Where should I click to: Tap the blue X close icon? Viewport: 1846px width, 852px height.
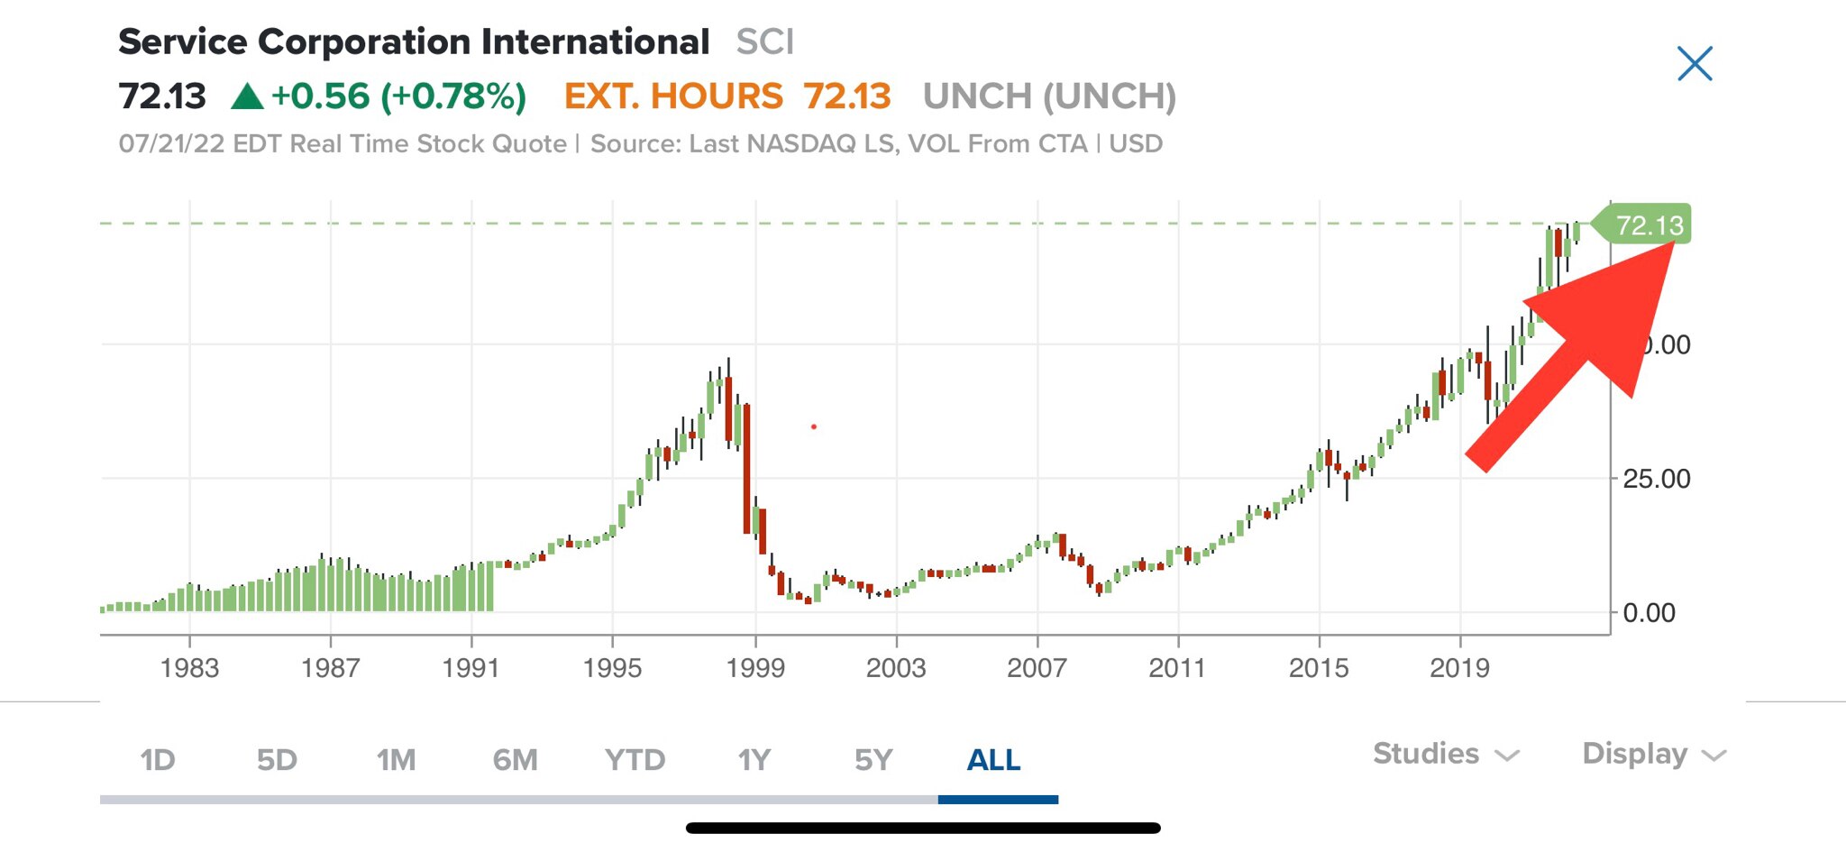pyautogui.click(x=1695, y=64)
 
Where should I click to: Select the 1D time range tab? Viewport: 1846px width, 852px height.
pyautogui.click(x=158, y=760)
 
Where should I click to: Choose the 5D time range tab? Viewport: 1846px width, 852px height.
pyautogui.click(x=277, y=760)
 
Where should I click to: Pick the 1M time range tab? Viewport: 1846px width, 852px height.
pyautogui.click(x=396, y=760)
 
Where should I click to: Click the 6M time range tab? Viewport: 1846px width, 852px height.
pyautogui.click(x=515, y=760)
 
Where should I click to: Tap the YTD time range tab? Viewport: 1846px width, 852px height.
pyautogui.click(x=635, y=760)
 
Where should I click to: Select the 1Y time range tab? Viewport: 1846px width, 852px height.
pyautogui.click(x=754, y=760)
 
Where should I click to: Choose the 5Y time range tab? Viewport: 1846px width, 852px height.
pyautogui.click(x=873, y=760)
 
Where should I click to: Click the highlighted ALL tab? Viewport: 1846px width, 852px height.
pyautogui.click(x=993, y=760)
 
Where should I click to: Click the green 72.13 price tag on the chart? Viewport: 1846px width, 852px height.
pyautogui.click(x=1648, y=224)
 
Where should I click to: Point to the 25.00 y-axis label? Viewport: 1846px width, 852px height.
pyautogui.click(x=1656, y=479)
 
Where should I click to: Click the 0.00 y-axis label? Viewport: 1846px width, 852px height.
pyautogui.click(x=1649, y=613)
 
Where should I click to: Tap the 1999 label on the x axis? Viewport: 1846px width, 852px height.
pyautogui.click(x=755, y=668)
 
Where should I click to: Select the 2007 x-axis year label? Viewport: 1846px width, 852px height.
pyautogui.click(x=1037, y=668)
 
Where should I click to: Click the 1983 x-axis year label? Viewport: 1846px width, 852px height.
pyautogui.click(x=189, y=668)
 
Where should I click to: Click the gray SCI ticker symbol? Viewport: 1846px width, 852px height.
pyautogui.click(x=764, y=42)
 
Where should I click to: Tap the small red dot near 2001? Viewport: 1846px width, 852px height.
pyautogui.click(x=814, y=426)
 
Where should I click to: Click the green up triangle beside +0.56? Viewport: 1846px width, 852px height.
pyautogui.click(x=247, y=96)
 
